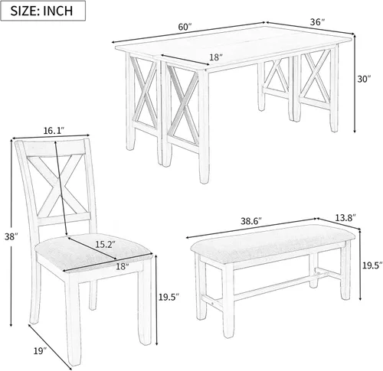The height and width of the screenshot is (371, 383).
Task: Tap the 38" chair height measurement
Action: tap(8, 237)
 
